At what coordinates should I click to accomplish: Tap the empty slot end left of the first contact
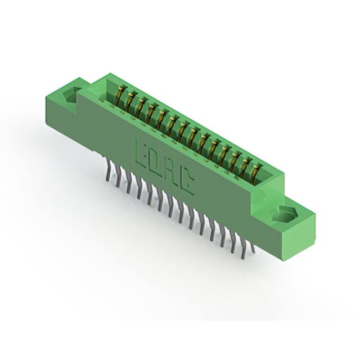pos(109,87)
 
